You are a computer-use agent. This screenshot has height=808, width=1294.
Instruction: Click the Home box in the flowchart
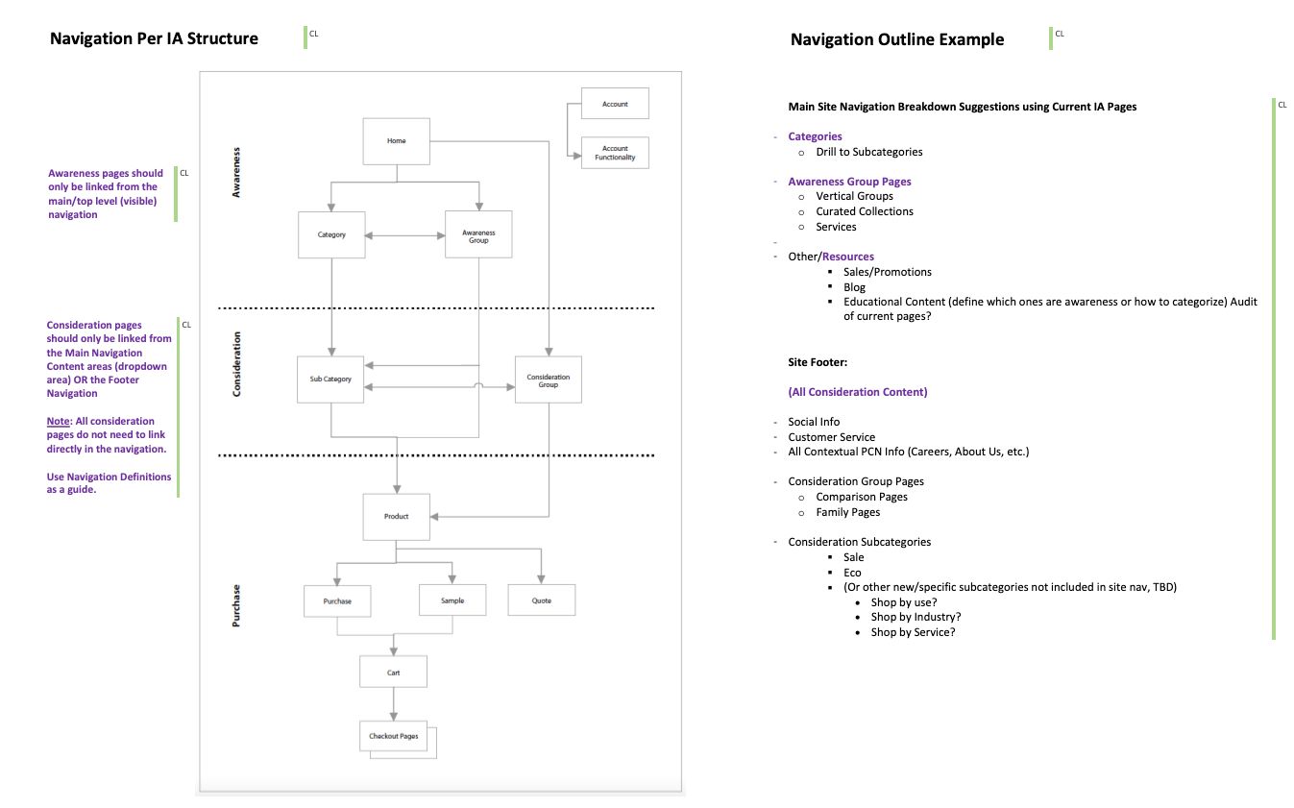click(x=396, y=141)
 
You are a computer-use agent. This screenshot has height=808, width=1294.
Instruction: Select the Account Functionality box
click(x=615, y=153)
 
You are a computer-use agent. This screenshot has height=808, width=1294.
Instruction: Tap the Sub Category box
click(x=330, y=379)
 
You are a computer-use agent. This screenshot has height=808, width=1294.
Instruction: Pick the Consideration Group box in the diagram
click(x=549, y=380)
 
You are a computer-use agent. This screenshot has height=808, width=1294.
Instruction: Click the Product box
click(x=396, y=516)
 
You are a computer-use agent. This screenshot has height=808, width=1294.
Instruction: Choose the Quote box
click(x=541, y=600)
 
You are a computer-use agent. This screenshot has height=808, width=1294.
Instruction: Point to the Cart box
click(x=393, y=672)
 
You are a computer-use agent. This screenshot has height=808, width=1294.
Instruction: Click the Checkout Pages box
click(x=394, y=736)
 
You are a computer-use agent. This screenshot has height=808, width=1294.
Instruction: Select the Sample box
click(x=452, y=600)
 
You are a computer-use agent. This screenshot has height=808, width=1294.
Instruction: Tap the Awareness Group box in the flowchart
click(x=478, y=235)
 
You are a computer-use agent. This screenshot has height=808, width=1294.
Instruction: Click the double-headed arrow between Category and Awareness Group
click(x=405, y=234)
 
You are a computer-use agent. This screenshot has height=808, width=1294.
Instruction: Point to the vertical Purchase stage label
click(x=236, y=605)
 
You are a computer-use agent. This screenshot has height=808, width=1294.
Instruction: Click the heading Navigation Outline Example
click(x=897, y=39)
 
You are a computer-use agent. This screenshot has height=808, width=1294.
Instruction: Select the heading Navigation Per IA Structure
click(x=154, y=38)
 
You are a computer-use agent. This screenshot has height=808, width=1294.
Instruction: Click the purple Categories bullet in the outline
click(x=815, y=136)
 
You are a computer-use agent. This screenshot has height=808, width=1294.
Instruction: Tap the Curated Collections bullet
click(x=864, y=211)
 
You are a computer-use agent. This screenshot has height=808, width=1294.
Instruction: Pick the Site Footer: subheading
click(x=818, y=362)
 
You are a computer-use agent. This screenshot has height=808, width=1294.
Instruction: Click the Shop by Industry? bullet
click(x=916, y=617)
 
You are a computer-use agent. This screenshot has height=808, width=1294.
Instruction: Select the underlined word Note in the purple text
click(x=58, y=421)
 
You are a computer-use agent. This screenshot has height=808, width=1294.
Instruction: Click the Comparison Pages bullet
click(x=861, y=497)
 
